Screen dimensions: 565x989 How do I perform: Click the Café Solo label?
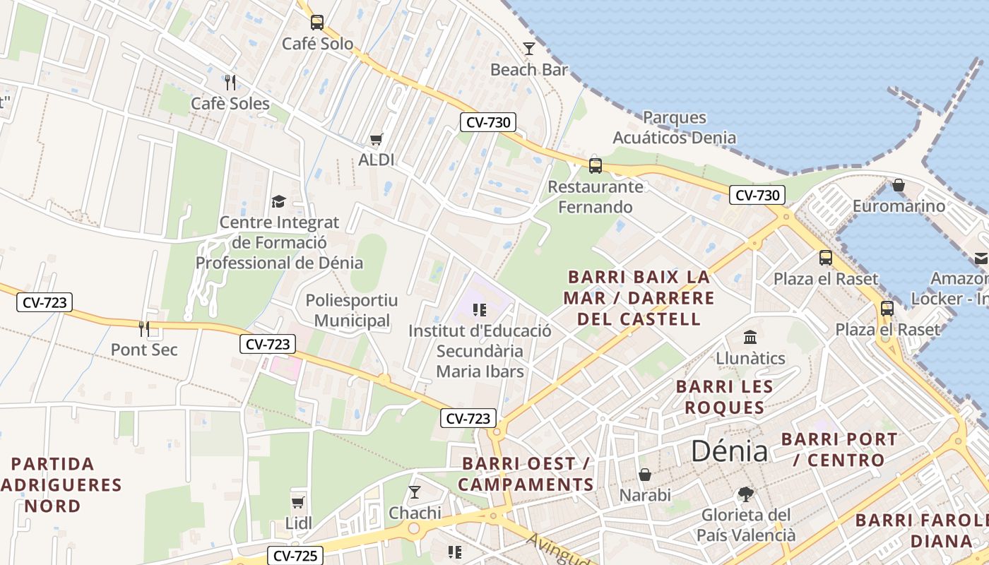pyautogui.click(x=317, y=44)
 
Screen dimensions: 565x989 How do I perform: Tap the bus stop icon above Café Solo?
pyautogui.click(x=317, y=23)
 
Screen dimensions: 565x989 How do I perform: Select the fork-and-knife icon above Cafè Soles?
pyautogui.click(x=230, y=83)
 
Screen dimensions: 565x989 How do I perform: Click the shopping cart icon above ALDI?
pyautogui.click(x=377, y=139)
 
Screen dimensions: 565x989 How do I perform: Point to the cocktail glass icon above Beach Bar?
pyautogui.click(x=529, y=48)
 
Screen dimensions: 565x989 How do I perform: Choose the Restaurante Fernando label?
pyautogui.click(x=596, y=197)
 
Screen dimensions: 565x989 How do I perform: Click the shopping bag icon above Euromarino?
pyautogui.click(x=899, y=185)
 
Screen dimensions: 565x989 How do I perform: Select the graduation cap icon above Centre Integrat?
pyautogui.click(x=279, y=202)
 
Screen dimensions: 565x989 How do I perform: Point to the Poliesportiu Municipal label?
pyautogui.click(x=351, y=310)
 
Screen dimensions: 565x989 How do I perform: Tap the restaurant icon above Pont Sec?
pyautogui.click(x=144, y=328)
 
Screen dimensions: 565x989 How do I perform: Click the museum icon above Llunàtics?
pyautogui.click(x=750, y=337)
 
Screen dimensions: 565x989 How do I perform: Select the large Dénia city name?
pyautogui.click(x=729, y=451)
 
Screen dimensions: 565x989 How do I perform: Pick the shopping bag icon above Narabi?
pyautogui.click(x=645, y=475)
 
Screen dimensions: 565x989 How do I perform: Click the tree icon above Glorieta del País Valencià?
pyautogui.click(x=745, y=494)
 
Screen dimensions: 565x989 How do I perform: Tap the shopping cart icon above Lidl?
pyautogui.click(x=298, y=502)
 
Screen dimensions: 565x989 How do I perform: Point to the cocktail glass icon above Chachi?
pyautogui.click(x=415, y=492)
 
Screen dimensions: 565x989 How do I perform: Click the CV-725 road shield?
pyautogui.click(x=295, y=556)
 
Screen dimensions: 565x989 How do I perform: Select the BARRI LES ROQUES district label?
pyautogui.click(x=724, y=397)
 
